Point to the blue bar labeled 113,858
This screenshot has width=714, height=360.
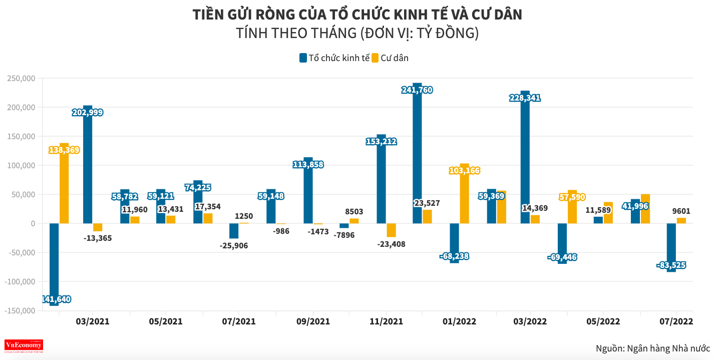(308, 195)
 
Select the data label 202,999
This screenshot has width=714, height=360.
(86, 113)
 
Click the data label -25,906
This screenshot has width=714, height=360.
(234, 245)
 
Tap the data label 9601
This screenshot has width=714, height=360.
(680, 211)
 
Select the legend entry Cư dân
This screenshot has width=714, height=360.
(390, 58)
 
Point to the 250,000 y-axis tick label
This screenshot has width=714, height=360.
(21, 79)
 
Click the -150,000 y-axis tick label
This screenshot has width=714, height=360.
(20, 311)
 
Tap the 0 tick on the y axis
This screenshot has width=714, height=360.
(33, 224)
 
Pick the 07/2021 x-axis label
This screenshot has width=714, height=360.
(239, 321)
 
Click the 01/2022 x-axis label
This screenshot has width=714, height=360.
(460, 321)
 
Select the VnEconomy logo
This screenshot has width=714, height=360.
(24, 345)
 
